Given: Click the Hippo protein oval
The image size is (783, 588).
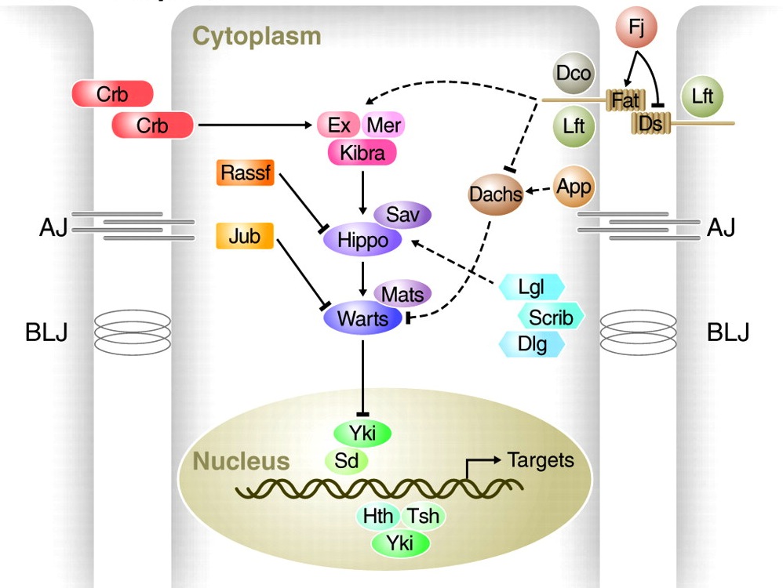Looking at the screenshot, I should click(362, 239).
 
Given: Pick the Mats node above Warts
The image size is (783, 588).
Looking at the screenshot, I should click(402, 294).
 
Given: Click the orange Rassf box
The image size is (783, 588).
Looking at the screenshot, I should click(244, 172).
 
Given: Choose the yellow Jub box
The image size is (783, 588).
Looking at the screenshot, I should click(244, 236).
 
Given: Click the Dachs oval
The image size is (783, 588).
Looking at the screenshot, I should click(496, 194).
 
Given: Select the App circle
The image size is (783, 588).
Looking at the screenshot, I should click(573, 187).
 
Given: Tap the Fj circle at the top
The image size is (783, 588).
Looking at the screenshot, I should click(636, 30).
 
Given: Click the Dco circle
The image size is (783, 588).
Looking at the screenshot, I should click(573, 74).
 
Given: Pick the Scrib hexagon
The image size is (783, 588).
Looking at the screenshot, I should click(551, 316).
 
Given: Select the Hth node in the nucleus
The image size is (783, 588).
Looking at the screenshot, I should click(379, 517).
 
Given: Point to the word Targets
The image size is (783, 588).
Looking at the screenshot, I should click(541, 459).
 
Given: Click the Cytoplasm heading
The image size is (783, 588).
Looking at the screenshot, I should click(257, 36).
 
